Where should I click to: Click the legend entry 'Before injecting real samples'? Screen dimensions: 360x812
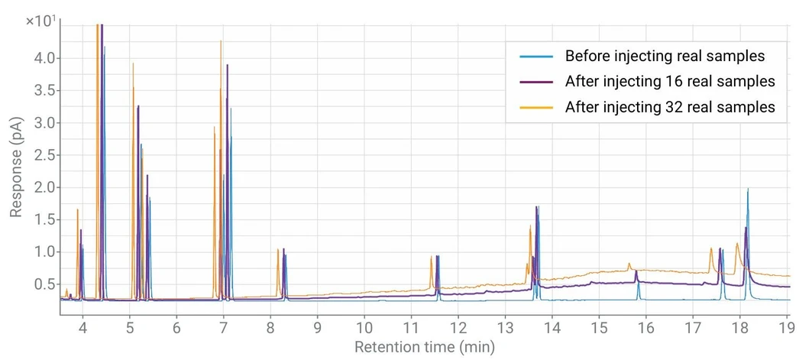pos(665,56)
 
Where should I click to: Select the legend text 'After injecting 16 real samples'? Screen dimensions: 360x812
pos(670,81)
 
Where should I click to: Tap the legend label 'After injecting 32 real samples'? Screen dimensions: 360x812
pos(670,107)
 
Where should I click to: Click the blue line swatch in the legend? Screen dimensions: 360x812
pos(536,56)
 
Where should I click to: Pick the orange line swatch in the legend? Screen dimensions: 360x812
pos(536,107)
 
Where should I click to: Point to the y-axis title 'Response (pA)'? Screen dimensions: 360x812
pos(16,164)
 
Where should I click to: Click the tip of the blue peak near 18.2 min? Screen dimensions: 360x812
pos(748,189)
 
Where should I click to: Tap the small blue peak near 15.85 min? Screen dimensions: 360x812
pos(639,284)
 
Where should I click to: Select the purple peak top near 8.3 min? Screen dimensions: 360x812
pos(283,249)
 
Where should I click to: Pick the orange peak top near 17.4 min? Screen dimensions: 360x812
pos(711,248)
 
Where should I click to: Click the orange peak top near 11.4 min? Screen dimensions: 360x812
pos(431,256)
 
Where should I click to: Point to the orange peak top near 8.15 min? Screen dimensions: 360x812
pos(278,249)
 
